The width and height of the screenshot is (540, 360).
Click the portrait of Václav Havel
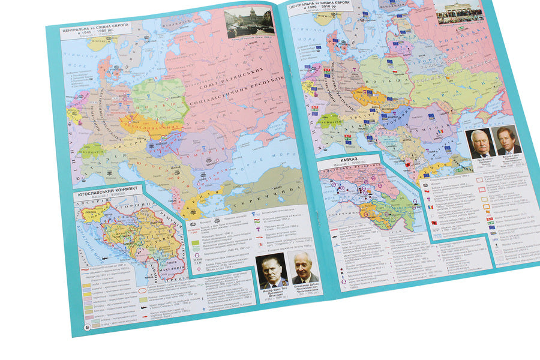[508, 140]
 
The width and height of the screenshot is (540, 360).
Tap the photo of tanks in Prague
[250, 22]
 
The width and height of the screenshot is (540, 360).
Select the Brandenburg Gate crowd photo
[458, 12]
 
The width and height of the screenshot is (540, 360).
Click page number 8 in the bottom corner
[88, 327]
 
